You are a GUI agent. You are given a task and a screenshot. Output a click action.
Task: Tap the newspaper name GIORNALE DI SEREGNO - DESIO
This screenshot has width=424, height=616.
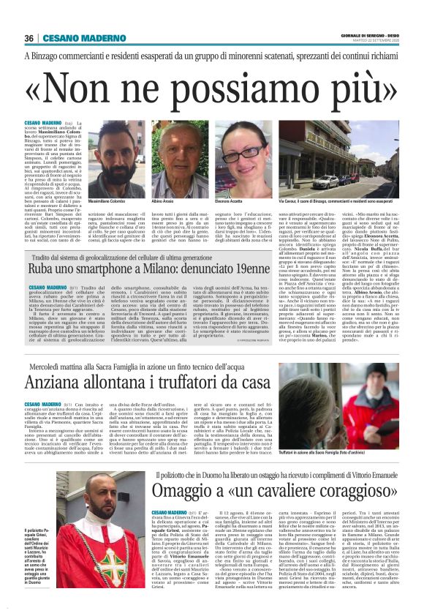click(x=369, y=34)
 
